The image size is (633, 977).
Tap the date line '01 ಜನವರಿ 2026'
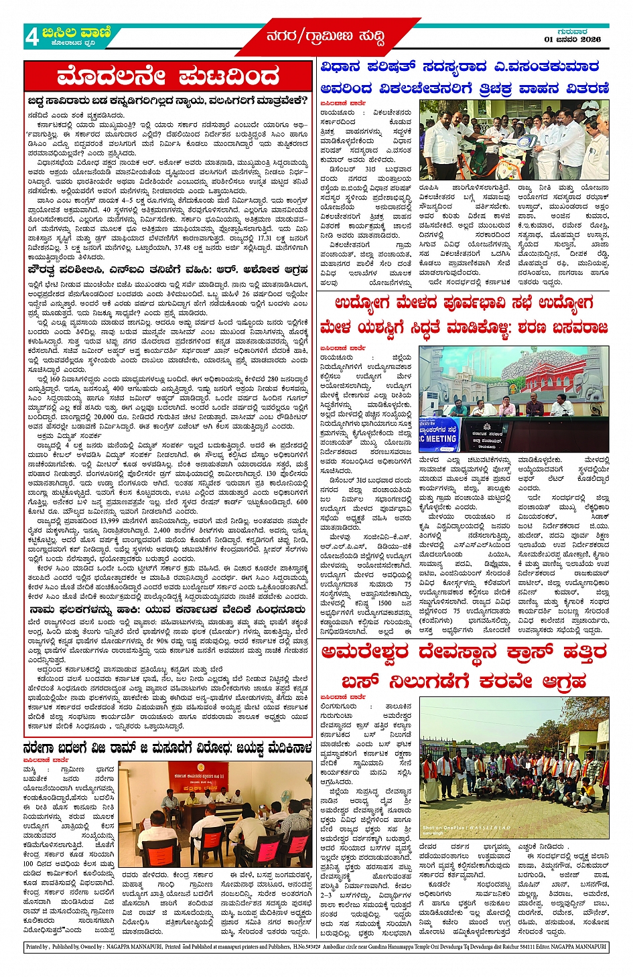[572, 40]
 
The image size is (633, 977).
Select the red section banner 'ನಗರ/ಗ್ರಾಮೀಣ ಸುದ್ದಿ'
[326, 37]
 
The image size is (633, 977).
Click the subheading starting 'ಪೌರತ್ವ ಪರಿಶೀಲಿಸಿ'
[167, 270]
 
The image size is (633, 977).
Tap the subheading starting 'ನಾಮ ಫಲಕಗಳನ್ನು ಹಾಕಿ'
[167, 610]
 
